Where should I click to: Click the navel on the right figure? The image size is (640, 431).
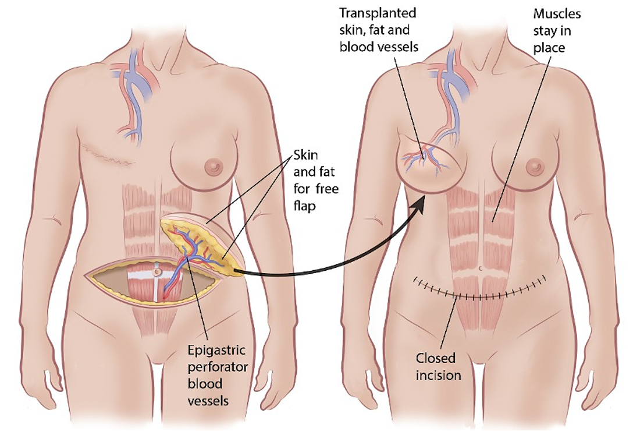pyautogui.click(x=481, y=269)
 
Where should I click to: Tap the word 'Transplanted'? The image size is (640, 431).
pyautogui.click(x=379, y=12)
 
